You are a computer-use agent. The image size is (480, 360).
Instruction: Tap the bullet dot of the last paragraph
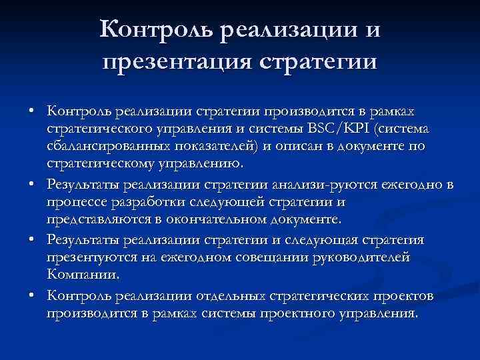[32, 295]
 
